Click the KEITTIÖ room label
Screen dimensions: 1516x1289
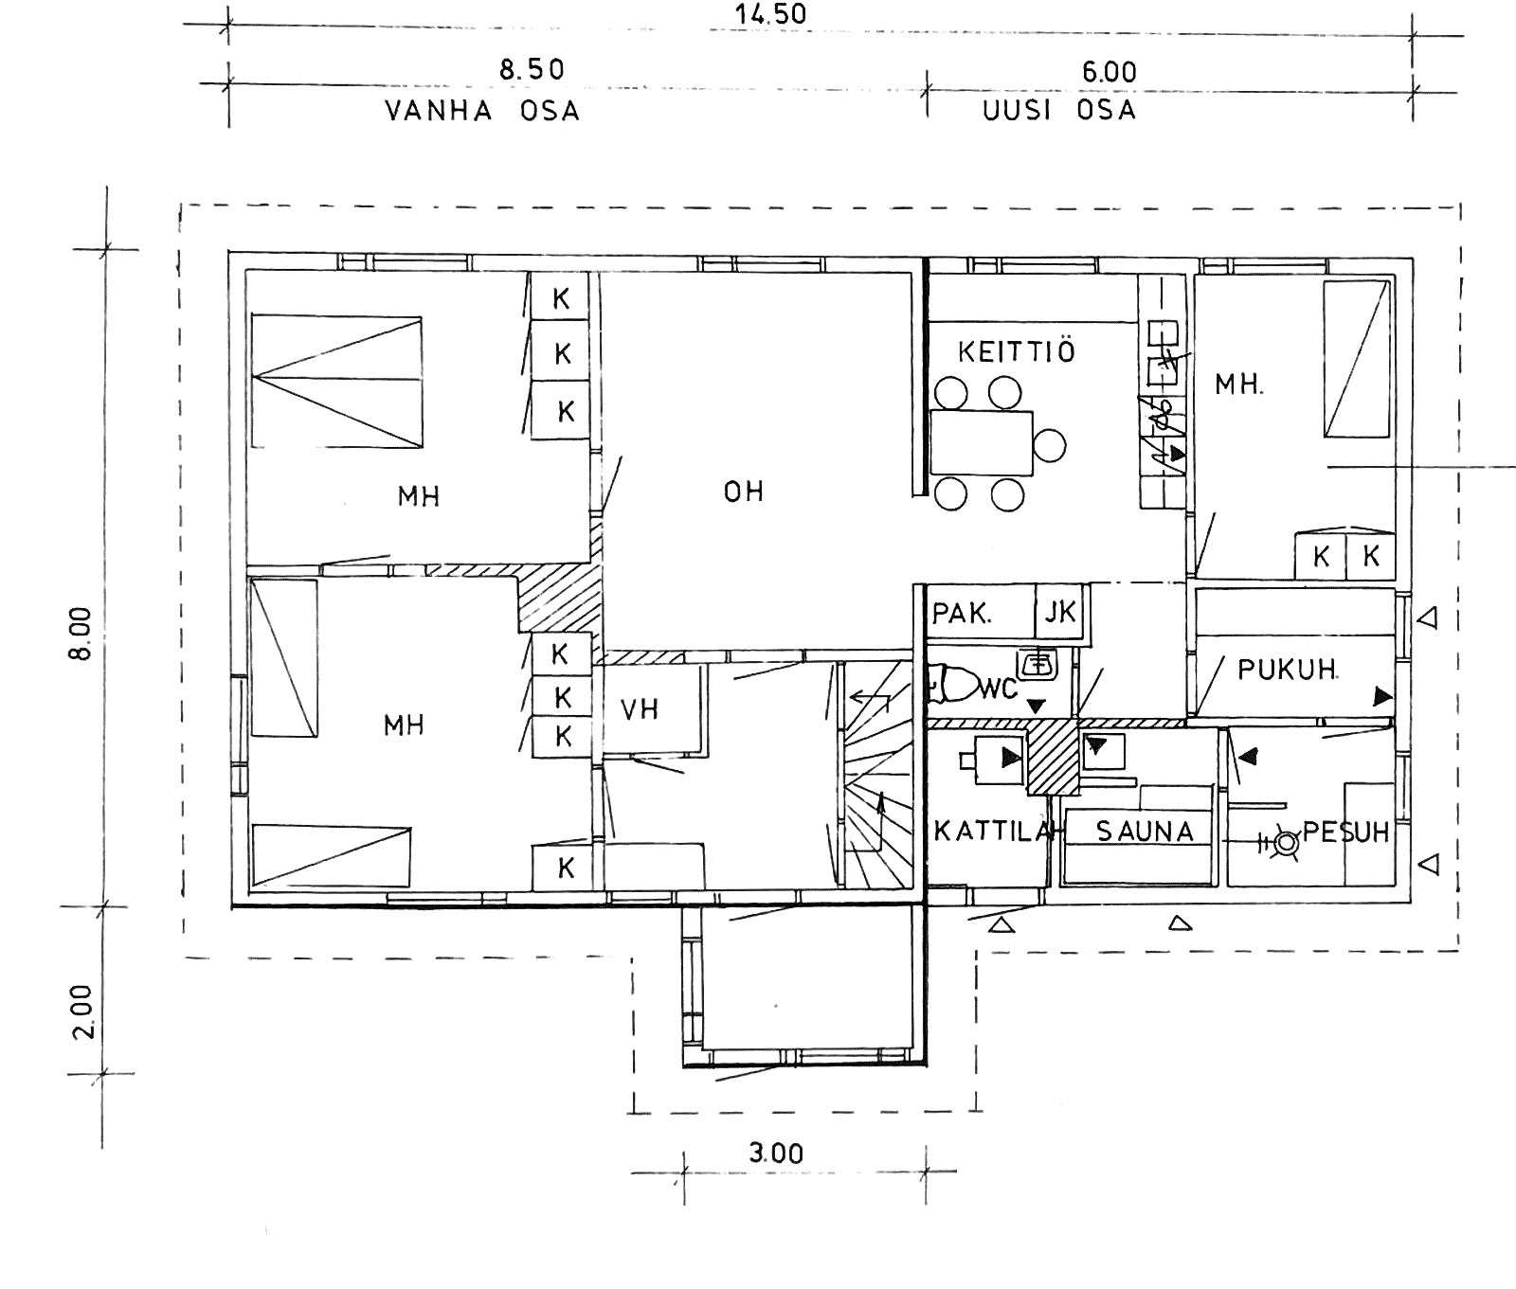click(1017, 352)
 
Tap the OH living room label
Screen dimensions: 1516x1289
click(744, 492)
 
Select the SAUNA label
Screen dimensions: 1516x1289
click(1145, 832)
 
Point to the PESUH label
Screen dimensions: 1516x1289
click(1345, 832)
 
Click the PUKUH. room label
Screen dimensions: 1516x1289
click(1288, 670)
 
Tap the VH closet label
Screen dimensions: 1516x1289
click(640, 709)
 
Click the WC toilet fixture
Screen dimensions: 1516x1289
click(951, 684)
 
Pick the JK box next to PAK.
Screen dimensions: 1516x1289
click(1060, 613)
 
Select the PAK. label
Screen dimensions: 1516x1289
click(962, 614)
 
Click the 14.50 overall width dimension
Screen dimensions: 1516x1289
click(770, 14)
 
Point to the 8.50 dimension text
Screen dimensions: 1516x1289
click(532, 70)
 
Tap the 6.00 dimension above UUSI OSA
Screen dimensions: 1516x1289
click(1109, 72)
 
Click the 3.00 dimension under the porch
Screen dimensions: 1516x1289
click(776, 1154)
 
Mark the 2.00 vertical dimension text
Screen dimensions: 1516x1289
click(82, 1012)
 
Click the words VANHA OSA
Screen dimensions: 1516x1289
click(482, 111)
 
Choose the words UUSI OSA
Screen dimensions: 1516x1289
click(1059, 110)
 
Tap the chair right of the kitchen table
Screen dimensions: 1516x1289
click(1050, 444)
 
